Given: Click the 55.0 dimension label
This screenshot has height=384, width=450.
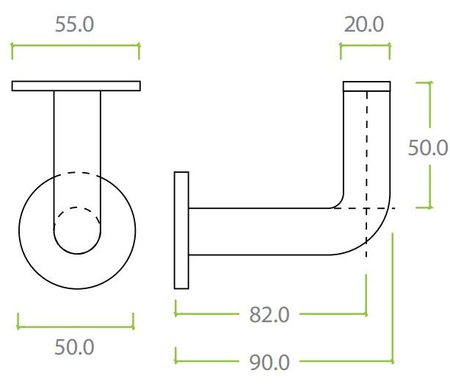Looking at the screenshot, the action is click(x=74, y=24).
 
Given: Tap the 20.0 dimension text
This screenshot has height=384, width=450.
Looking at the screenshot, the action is click(x=364, y=24).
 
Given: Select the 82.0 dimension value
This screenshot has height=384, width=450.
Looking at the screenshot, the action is click(x=269, y=315).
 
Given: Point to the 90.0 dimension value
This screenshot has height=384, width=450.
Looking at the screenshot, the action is click(x=269, y=363).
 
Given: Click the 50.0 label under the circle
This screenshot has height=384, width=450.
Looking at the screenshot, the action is click(x=74, y=347).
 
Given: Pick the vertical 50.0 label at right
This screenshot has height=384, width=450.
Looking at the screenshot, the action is click(x=428, y=148).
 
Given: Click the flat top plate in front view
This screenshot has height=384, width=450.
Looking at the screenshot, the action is click(x=76, y=86).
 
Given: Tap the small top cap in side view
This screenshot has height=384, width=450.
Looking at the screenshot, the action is click(x=366, y=86).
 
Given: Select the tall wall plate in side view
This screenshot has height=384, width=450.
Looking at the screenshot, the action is click(x=181, y=230).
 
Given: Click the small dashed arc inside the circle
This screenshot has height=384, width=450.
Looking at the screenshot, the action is click(x=77, y=207).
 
